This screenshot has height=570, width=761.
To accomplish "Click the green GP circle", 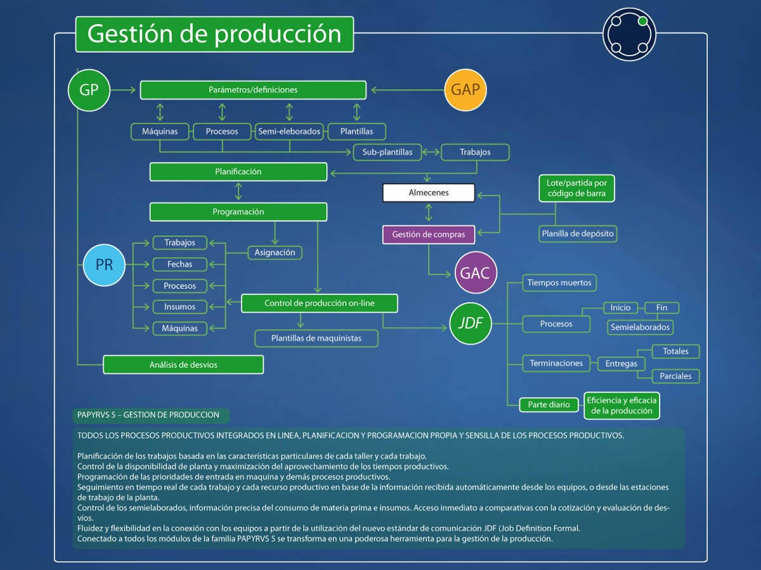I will [x=89, y=90].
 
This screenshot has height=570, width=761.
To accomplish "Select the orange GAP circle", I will [x=465, y=89].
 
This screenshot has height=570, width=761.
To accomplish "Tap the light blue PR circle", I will [x=104, y=264].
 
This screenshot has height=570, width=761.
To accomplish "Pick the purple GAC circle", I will [x=476, y=273].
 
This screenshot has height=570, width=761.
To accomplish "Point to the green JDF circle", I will [x=470, y=324].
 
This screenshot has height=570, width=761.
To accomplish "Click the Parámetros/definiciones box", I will [x=253, y=90].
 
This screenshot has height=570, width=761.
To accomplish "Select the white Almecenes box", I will [x=429, y=193].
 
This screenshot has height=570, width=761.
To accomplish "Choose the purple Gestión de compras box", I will [x=429, y=234].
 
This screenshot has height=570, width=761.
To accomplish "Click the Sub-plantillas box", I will [x=387, y=152].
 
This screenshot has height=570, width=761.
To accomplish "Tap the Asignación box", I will [x=275, y=252].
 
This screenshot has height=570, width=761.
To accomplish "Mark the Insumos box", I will [x=179, y=307].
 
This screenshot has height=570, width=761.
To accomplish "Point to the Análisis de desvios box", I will [x=183, y=365].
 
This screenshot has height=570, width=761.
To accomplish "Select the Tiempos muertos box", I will [x=559, y=282].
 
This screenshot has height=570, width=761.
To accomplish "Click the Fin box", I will [x=661, y=308].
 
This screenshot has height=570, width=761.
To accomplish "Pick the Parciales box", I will [x=676, y=376].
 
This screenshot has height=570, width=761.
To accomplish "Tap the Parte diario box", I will [x=549, y=405].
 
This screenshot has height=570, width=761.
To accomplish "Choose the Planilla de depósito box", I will [x=578, y=234].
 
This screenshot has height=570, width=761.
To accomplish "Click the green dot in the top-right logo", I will [x=642, y=22].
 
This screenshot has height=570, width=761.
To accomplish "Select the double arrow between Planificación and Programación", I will [x=238, y=191].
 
